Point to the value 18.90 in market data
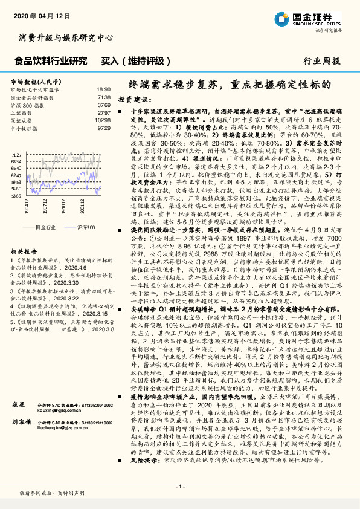click(103, 89)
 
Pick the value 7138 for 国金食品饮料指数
click(103, 97)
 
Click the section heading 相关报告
click(22, 250)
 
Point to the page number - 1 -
click(179, 485)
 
